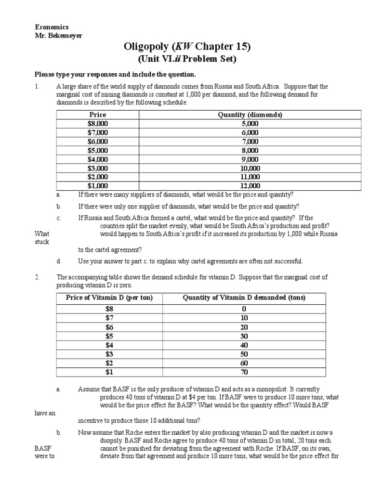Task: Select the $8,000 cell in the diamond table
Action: [98, 124]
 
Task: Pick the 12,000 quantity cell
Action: [250, 186]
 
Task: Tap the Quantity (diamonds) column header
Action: [250, 115]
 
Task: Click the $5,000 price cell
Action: [98, 150]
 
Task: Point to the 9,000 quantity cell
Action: [250, 159]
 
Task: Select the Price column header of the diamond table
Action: [98, 115]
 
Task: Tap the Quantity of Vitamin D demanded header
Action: [244, 298]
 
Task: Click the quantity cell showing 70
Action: [244, 372]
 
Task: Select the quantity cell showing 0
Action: [244, 309]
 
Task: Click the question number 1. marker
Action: [37, 87]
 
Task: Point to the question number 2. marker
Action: [37, 277]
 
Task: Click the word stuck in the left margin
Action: [42, 242]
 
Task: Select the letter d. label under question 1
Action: [58, 261]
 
